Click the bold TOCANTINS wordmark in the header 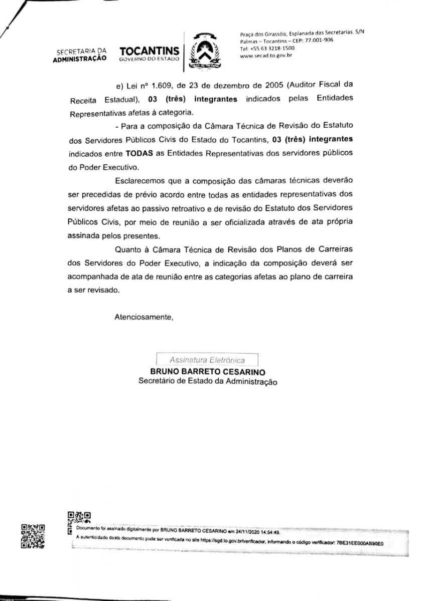[150, 51]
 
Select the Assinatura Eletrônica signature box [207, 360]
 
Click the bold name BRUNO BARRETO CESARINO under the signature [208, 372]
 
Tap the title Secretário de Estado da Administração [208, 382]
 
